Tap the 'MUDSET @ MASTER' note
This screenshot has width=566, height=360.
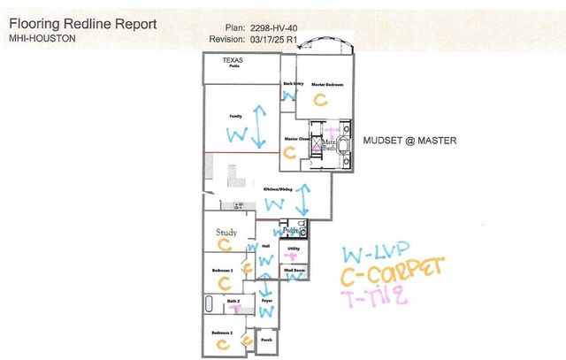click(409, 140)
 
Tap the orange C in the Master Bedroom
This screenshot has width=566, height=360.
click(320, 101)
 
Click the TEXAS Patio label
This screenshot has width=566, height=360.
click(233, 63)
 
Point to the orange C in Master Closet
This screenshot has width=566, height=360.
click(288, 151)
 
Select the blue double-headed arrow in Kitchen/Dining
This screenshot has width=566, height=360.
click(303, 200)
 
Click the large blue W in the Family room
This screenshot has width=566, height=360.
click(237, 134)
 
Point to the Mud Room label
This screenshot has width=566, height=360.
click(294, 269)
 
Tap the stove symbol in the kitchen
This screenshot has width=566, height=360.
click(239, 206)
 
